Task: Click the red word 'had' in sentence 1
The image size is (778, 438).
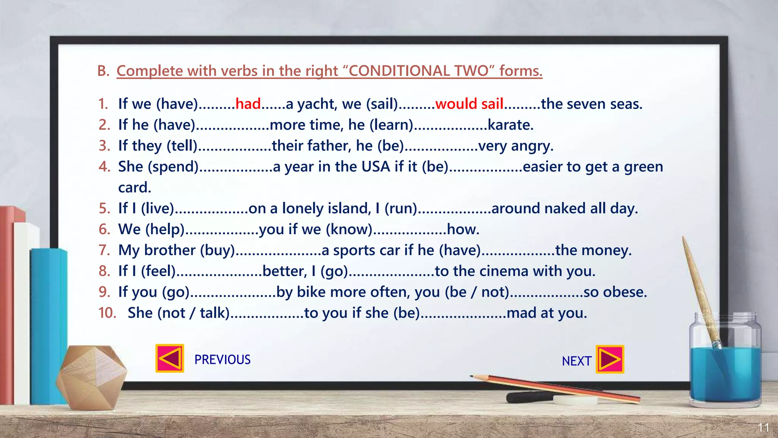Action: (248, 104)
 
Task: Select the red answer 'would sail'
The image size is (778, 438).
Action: (469, 104)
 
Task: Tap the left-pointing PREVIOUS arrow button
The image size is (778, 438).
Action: (170, 359)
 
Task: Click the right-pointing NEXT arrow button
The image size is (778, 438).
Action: (610, 359)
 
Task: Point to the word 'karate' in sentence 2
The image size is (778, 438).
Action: (510, 125)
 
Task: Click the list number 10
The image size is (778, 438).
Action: (107, 313)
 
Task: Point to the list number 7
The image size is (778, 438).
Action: (104, 250)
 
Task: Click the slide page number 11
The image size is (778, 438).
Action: (763, 427)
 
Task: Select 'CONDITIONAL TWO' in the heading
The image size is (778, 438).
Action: (418, 71)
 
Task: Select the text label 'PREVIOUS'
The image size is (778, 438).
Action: (222, 360)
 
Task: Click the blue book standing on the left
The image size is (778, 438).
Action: (47, 327)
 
